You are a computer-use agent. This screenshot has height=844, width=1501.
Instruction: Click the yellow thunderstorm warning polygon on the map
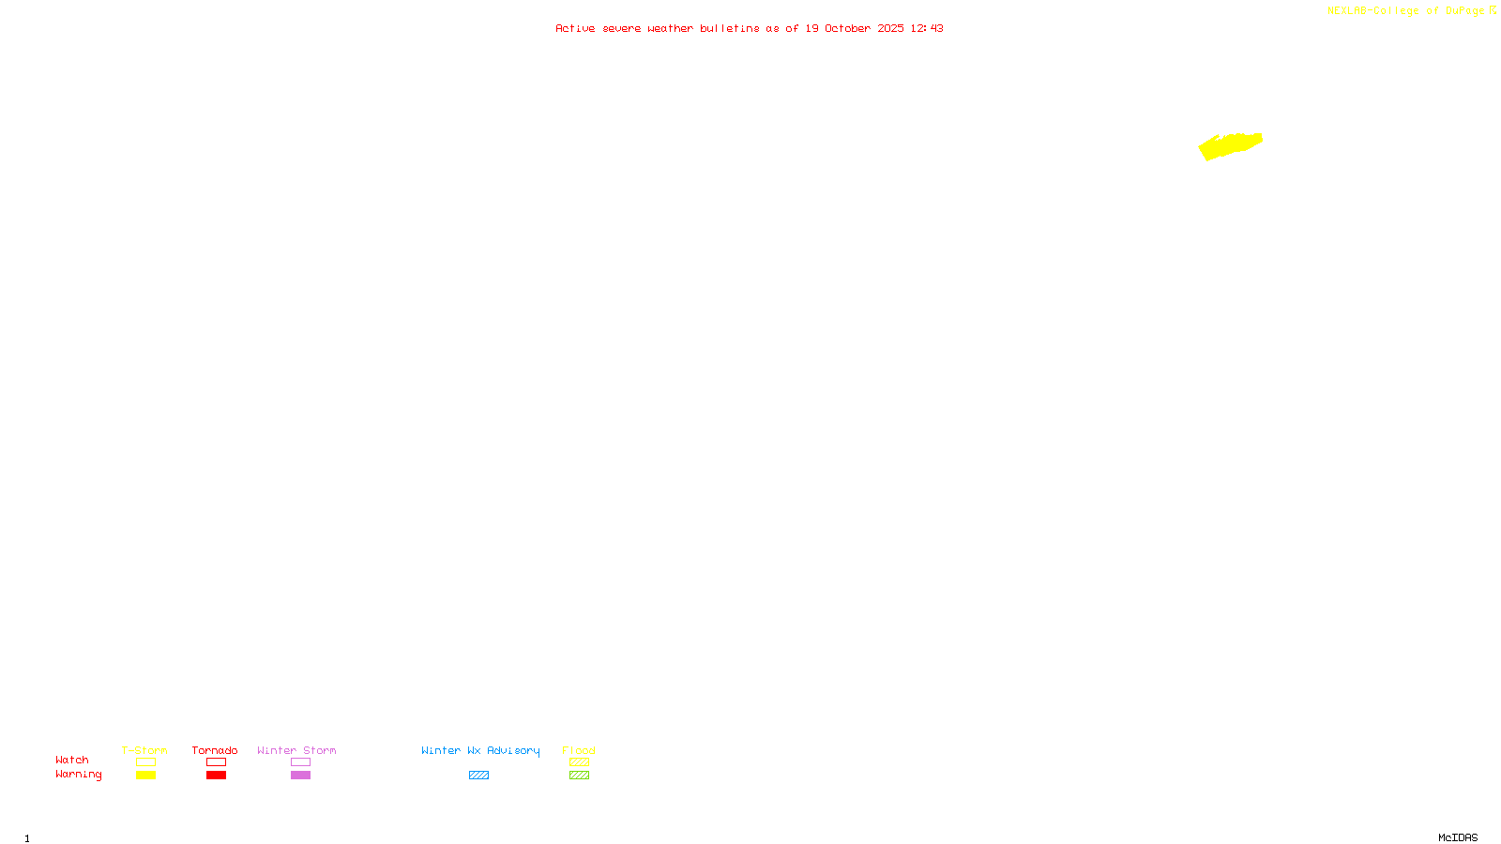pos(1230,145)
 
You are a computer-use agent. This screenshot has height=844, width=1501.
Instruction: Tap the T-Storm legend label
pos(144,750)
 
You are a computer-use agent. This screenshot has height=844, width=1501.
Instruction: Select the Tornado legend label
pos(215,750)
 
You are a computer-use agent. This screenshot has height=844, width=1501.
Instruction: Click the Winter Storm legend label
pos(296,750)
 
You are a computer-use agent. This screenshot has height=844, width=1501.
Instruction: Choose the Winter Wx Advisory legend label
pos(480,750)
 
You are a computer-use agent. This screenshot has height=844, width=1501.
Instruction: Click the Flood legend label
pos(579,750)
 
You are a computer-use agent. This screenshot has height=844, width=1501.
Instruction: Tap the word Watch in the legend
pos(72,760)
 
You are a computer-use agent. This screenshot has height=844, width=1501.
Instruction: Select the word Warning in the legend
pos(79,775)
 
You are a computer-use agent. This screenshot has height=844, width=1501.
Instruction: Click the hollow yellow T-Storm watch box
pos(145,762)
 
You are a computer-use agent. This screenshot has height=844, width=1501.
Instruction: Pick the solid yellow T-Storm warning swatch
pos(145,776)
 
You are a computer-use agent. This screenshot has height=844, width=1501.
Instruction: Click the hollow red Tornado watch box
pos(216,762)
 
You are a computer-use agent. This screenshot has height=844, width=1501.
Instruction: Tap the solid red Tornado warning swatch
pos(216,776)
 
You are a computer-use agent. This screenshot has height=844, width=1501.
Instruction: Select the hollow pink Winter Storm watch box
pos(300,762)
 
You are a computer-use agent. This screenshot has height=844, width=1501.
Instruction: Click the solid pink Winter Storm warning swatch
pos(300,776)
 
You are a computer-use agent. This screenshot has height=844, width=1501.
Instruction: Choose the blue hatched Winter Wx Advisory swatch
pos(478,776)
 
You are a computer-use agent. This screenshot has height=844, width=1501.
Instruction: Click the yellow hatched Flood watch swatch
pos(579,762)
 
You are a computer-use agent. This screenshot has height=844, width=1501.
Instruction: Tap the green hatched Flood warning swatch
pos(579,776)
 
